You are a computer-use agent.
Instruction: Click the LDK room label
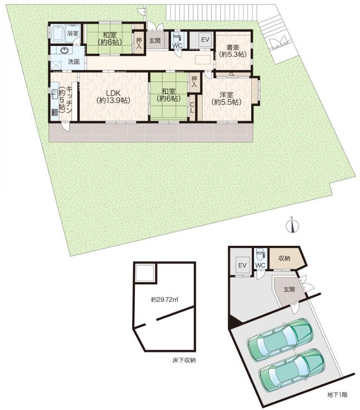click(113, 93)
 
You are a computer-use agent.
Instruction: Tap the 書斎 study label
click(233, 48)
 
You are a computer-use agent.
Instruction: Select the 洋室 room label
click(226, 95)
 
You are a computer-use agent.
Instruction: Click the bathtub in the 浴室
click(57, 34)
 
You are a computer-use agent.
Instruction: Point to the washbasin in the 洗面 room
click(64, 50)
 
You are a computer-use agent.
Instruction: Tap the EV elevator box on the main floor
click(205, 40)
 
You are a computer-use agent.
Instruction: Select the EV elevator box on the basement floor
click(243, 265)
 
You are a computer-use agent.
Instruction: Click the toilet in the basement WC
click(260, 254)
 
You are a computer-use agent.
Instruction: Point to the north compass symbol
click(292, 226)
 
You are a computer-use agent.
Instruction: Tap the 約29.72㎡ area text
click(164, 300)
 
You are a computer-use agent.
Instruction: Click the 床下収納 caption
click(184, 360)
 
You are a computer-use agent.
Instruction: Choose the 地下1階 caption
click(337, 395)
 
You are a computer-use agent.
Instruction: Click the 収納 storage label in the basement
click(284, 258)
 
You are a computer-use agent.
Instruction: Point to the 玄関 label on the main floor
click(155, 41)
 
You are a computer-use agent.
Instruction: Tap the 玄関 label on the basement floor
click(289, 289)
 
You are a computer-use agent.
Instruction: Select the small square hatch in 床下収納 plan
click(145, 273)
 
